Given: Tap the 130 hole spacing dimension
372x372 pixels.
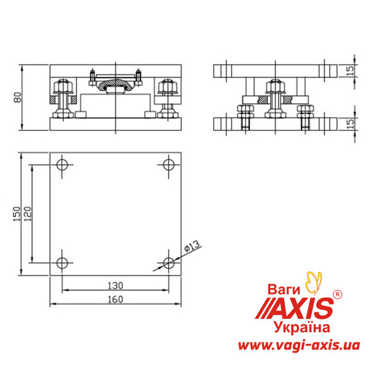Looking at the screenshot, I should point(115,285).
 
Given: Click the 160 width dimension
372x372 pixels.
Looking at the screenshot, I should point(115,299).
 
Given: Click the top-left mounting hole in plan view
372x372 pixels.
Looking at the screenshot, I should point(62,165).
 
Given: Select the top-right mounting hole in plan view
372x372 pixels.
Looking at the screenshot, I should point(169,165).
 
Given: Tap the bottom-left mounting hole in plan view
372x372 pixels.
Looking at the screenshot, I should point(62,263).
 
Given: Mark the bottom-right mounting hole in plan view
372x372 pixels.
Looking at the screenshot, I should point(169,263).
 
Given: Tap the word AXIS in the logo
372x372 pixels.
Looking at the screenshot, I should point(301,309).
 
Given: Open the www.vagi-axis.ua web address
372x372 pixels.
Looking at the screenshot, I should point(298,346).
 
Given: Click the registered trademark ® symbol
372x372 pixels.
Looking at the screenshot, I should point(339,294).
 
